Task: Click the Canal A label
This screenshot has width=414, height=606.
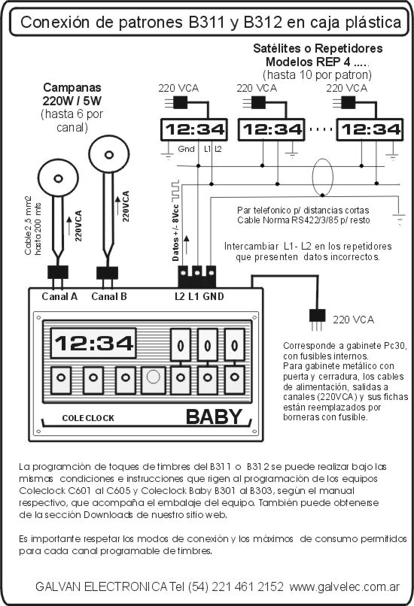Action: point(59,296)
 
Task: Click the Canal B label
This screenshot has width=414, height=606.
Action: point(109,296)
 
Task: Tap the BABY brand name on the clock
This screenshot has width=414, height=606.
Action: point(214,417)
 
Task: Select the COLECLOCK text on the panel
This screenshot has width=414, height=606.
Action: point(88,418)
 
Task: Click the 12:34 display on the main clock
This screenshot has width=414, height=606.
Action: point(93,343)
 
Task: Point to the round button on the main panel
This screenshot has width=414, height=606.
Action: point(154,377)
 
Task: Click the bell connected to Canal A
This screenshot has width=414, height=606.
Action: point(59,178)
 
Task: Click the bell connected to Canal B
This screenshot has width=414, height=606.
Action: point(109,155)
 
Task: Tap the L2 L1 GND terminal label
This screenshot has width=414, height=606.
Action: point(199,296)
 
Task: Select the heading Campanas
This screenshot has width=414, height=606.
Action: point(72,88)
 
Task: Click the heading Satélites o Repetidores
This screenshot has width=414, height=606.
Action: point(318,48)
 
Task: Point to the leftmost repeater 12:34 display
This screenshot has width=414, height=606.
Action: point(194,129)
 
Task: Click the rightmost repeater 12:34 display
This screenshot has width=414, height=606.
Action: point(370,129)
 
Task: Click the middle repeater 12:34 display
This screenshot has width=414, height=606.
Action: point(272,129)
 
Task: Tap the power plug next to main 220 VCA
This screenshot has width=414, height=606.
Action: point(316,319)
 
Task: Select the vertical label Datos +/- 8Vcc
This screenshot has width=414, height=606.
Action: point(176,232)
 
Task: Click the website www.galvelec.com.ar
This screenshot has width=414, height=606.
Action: point(345,586)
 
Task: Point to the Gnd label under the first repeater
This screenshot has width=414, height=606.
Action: point(186,149)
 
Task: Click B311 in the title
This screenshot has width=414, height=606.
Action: point(207,23)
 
